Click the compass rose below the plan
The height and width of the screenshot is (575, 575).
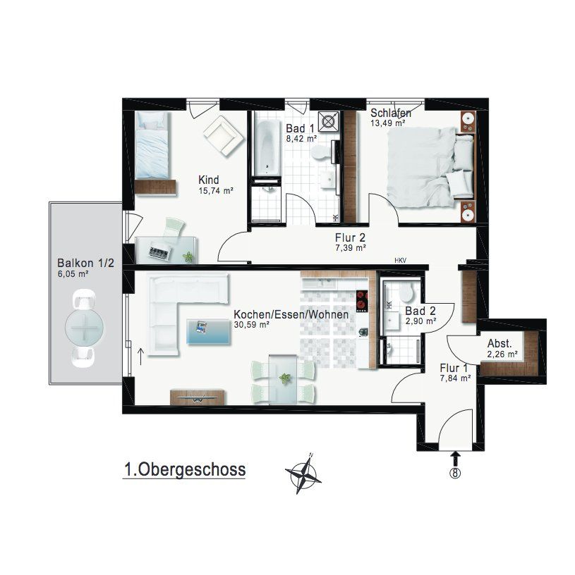point(303,474)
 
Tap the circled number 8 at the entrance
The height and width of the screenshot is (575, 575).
point(455,473)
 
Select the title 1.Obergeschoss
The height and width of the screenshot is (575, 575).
point(185,470)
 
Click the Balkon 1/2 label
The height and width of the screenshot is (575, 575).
point(86,263)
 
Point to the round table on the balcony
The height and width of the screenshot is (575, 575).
point(84,328)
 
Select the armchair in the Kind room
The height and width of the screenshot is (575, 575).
point(224,136)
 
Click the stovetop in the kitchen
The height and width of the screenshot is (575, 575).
point(362,302)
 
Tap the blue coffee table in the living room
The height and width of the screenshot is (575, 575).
point(209,332)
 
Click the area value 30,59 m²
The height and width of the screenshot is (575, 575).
point(252,325)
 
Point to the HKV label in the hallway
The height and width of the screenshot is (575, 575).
point(401,261)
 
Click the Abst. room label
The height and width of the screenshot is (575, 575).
point(500,344)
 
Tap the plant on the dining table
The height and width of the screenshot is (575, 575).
point(284,378)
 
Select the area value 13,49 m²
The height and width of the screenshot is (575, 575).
point(388,123)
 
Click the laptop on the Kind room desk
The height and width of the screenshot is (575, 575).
point(159,252)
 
